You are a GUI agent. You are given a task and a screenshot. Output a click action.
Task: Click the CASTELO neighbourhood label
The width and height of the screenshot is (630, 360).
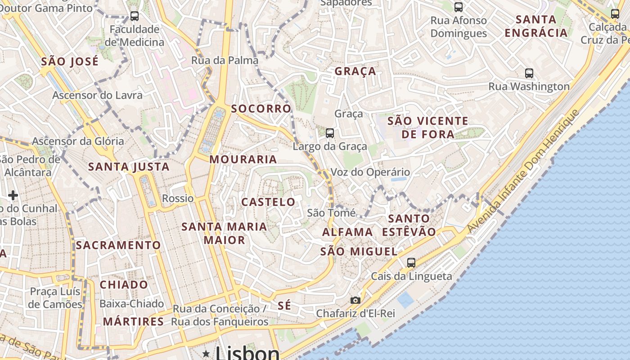(268, 202)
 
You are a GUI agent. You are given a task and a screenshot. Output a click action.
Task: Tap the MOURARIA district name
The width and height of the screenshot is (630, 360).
(243, 159)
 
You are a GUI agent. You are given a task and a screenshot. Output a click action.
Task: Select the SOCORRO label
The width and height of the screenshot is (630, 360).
(261, 108)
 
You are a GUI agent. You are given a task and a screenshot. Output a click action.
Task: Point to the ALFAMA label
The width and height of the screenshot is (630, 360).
(347, 232)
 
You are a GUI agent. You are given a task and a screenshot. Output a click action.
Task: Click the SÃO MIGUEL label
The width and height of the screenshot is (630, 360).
(359, 252)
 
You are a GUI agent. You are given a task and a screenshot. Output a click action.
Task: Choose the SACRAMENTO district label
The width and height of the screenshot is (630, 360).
(118, 245)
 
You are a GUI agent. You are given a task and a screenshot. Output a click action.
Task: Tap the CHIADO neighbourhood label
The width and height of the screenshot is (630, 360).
(124, 284)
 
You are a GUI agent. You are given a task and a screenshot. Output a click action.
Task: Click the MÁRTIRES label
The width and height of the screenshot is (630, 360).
(133, 321)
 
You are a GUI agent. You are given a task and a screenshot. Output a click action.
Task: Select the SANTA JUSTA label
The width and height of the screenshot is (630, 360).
(129, 167)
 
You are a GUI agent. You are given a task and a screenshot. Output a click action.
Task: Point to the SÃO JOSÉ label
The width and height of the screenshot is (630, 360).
(70, 62)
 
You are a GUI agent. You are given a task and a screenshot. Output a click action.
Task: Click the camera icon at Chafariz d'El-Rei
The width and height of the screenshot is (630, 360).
(355, 300)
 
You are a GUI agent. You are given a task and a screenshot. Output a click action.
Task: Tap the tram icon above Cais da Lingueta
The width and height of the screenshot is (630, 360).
(411, 263)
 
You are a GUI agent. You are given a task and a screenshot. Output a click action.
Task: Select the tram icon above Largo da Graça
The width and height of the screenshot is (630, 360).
(330, 133)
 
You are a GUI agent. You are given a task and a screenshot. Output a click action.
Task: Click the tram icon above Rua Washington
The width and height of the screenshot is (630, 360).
(529, 73)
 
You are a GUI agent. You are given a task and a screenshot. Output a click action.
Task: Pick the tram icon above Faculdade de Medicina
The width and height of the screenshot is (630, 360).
(134, 16)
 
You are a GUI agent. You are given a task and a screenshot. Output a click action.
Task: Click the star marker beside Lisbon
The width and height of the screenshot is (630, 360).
(206, 354)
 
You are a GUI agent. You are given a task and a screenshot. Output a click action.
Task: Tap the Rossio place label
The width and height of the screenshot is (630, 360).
(178, 198)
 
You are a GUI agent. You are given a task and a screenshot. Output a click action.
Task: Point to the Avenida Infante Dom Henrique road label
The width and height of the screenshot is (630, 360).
(522, 172)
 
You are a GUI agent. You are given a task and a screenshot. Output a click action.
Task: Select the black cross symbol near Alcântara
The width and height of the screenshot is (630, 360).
(13, 195)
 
